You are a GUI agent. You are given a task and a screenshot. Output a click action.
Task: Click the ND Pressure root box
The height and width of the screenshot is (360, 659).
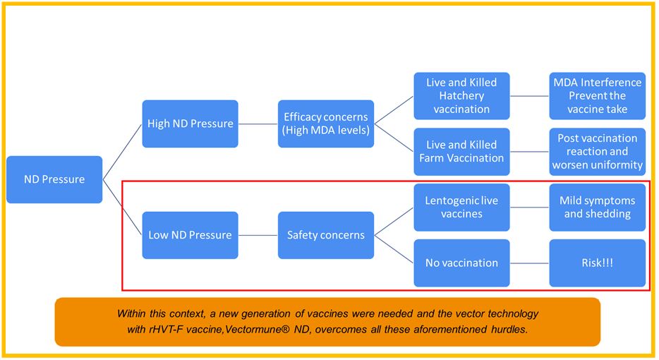(x=54, y=179)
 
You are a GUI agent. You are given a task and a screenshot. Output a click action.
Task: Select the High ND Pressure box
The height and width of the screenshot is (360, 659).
(x=190, y=124)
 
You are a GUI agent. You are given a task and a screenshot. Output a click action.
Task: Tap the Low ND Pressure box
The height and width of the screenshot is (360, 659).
(x=190, y=234)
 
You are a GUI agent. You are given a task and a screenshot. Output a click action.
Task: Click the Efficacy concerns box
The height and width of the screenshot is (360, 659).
(x=326, y=124)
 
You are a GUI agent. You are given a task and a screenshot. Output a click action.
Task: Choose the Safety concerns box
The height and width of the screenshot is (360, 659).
(x=326, y=234)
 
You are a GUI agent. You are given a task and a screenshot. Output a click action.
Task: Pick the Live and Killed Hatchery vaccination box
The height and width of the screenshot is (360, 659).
(x=461, y=96)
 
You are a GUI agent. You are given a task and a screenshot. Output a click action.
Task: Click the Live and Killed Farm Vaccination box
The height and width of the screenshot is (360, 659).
(x=461, y=151)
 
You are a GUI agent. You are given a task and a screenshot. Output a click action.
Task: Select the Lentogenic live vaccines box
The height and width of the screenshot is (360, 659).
(x=461, y=207)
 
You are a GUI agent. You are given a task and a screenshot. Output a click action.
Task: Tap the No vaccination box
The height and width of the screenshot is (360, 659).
(x=461, y=263)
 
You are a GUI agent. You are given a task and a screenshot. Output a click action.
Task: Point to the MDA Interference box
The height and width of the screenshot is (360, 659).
(x=597, y=96)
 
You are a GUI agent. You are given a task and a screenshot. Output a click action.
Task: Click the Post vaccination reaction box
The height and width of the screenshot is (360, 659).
(x=597, y=151)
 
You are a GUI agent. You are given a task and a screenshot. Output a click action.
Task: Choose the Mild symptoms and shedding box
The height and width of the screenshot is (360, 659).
(x=597, y=207)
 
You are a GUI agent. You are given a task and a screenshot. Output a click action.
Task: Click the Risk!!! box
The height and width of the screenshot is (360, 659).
(x=597, y=263)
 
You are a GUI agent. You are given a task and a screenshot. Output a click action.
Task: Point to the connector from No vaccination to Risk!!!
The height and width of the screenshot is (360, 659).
(x=529, y=263)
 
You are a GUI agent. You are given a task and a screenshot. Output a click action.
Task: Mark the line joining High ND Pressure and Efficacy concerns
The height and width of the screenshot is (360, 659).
(x=258, y=124)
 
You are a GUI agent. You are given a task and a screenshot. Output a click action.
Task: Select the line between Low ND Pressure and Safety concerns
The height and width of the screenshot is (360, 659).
(x=258, y=234)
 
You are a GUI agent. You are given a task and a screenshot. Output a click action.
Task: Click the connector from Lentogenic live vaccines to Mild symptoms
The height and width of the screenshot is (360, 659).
(x=529, y=207)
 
